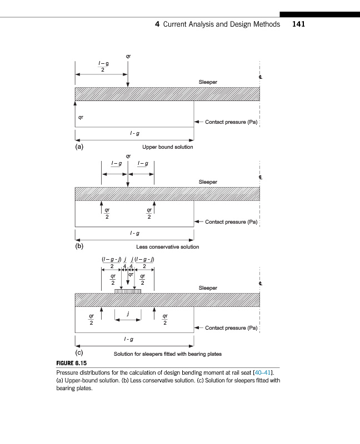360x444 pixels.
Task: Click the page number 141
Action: click(298, 24)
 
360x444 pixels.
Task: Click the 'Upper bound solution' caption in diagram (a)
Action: click(168, 147)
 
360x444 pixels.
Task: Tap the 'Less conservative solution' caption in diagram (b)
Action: click(167, 247)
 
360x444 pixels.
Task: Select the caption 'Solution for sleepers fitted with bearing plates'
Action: click(167, 354)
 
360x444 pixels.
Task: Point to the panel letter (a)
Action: click(79, 147)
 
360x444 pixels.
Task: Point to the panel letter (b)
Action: click(79, 246)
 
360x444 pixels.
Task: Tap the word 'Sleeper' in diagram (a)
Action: click(208, 82)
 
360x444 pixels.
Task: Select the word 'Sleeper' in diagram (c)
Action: click(208, 288)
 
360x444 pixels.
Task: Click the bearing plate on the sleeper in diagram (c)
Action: click(128, 291)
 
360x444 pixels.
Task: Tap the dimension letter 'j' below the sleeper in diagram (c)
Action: click(128, 314)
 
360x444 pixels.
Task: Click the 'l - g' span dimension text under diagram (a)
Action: click(134, 134)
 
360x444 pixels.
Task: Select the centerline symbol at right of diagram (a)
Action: click(259, 77)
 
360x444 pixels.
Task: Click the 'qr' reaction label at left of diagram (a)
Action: click(81, 118)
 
